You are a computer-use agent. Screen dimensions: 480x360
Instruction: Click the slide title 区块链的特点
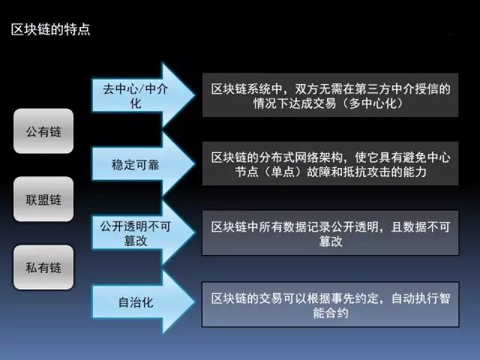tap(50, 30)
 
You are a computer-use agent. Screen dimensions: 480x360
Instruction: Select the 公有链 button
tap(43, 131)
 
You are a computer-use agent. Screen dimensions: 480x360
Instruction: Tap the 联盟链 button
tap(43, 199)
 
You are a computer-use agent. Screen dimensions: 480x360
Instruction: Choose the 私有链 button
tap(43, 267)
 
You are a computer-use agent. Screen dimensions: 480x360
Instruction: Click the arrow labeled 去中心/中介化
tap(143, 95)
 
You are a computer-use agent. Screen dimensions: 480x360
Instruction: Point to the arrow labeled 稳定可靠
tap(143, 164)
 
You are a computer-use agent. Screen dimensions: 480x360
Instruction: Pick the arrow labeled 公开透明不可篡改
tap(143, 232)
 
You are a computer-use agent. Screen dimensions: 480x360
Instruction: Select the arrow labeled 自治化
tap(143, 301)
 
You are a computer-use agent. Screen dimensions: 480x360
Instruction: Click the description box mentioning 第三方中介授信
tap(330, 95)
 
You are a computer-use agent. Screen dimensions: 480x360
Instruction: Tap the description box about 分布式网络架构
tap(330, 163)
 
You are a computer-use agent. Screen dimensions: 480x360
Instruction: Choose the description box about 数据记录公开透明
tap(330, 232)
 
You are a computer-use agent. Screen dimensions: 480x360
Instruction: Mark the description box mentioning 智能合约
tap(330, 304)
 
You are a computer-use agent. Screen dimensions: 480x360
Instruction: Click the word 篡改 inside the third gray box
tap(331, 241)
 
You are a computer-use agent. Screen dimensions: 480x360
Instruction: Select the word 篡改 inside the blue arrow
tap(135, 241)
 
